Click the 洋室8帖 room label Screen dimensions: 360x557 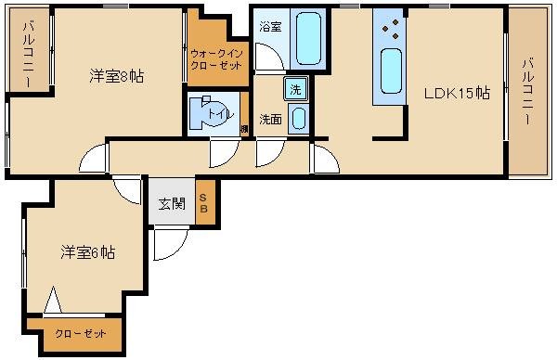115,76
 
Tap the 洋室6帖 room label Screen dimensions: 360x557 88,252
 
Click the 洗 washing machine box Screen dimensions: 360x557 294,90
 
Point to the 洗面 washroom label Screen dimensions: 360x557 271,119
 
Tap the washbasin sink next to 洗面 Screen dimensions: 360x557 298,119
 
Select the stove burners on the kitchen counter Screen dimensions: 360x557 391,29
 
